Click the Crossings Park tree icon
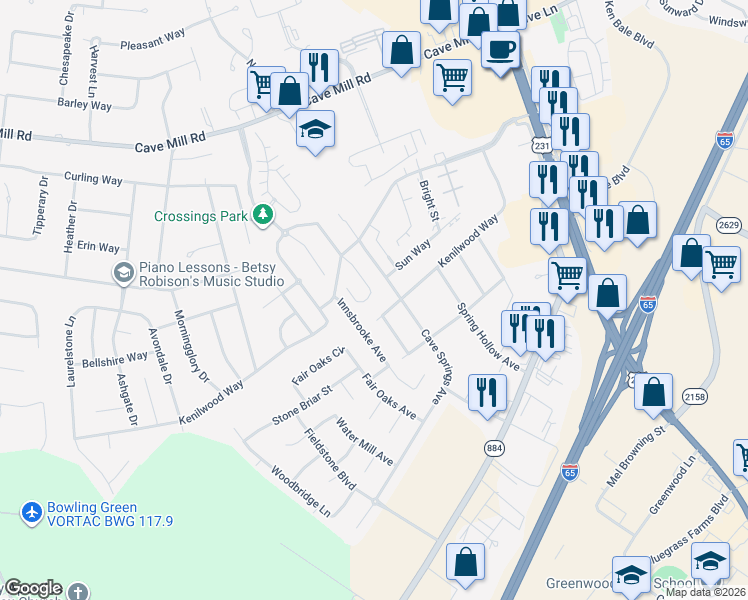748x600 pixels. tap(263, 215)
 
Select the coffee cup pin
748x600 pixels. tap(500, 49)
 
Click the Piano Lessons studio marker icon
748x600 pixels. tap(123, 273)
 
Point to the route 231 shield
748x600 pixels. tap(541, 146)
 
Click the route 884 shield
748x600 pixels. tap(493, 448)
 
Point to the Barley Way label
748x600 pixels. tap(84, 103)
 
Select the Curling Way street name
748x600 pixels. tap(93, 180)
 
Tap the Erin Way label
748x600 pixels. tap(98, 247)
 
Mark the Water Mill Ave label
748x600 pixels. tap(364, 441)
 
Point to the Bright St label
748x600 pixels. tap(428, 200)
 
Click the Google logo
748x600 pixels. tap(33, 588)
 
